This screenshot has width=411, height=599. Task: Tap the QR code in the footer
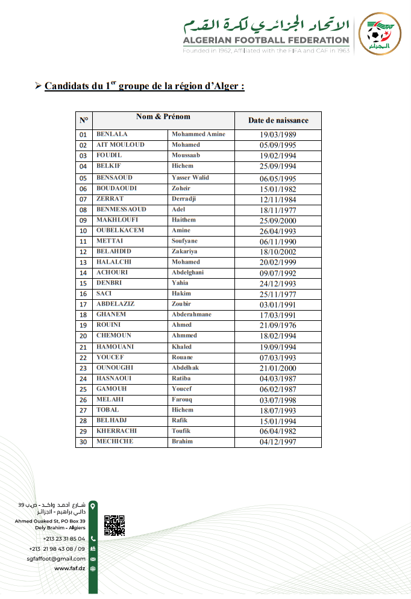click(115, 525)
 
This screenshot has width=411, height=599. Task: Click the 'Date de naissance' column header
click(278, 120)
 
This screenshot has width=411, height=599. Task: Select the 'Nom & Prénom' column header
click(163, 117)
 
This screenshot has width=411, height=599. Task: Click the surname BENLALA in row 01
click(112, 134)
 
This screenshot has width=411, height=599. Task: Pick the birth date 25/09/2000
click(278, 220)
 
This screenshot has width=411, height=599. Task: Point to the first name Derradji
click(184, 199)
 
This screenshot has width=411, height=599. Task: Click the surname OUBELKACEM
click(122, 231)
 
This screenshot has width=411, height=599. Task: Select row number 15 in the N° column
click(84, 284)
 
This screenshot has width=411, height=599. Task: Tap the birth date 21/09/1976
click(278, 326)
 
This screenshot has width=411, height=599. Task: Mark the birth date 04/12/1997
click(278, 442)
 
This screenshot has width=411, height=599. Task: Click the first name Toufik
click(181, 431)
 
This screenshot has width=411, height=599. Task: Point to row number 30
click(84, 442)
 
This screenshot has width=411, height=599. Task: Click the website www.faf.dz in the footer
click(70, 568)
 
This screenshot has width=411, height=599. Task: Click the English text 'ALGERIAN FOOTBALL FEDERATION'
click(266, 41)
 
